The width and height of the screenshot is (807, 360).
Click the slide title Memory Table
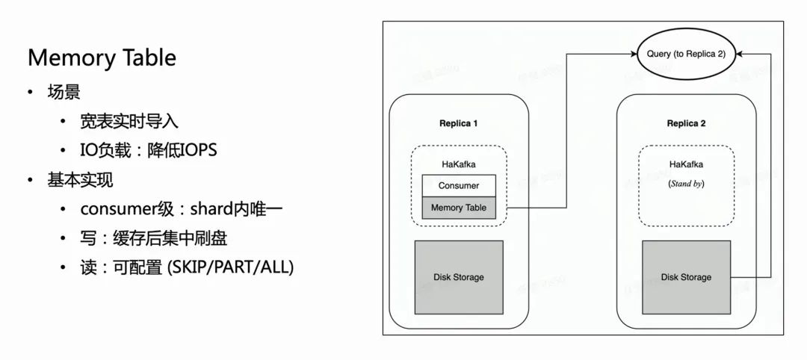point(102,58)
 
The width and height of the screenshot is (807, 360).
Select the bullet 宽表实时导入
point(129,121)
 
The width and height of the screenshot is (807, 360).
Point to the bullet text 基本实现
point(80,180)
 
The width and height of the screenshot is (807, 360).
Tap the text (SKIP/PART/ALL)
point(239,267)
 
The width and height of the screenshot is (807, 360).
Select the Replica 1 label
point(459,123)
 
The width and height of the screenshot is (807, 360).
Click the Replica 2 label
point(686,123)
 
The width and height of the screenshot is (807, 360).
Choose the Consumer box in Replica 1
point(459,185)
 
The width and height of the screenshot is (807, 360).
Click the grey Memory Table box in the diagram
point(459,208)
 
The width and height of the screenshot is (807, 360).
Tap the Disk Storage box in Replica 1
point(459,277)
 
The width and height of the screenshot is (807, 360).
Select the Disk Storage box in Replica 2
point(686,277)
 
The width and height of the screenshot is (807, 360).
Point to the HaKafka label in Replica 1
point(459,163)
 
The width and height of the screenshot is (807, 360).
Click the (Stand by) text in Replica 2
point(686,183)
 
